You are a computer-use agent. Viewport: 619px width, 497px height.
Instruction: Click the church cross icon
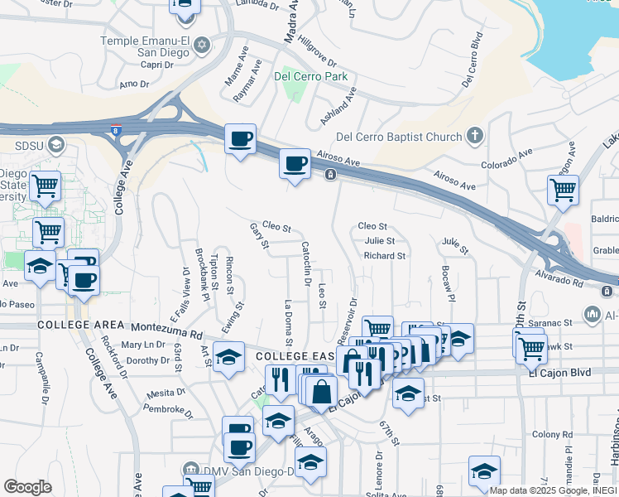pyautogui.click(x=474, y=135)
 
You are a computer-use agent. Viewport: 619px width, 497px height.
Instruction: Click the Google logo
pyautogui.click(x=26, y=487)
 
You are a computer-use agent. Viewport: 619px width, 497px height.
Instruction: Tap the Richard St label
pyautogui.click(x=384, y=257)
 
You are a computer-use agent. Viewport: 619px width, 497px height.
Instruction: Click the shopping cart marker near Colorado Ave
pyautogui.click(x=563, y=190)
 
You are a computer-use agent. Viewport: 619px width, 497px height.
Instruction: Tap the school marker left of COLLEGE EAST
pyautogui.click(x=228, y=357)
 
